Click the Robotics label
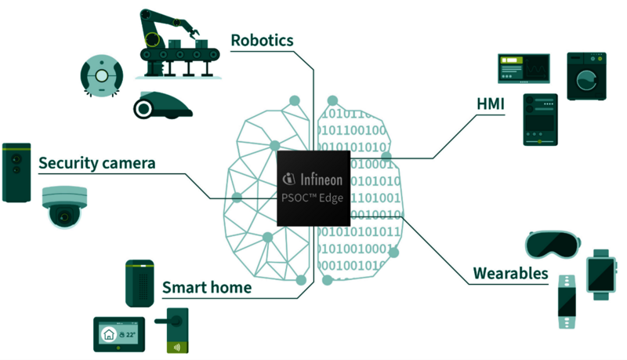tap(262, 40)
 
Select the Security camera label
tap(96, 163)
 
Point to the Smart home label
tap(207, 287)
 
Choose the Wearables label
tap(510, 274)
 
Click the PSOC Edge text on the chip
tap(312, 198)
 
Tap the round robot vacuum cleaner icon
tap(100, 75)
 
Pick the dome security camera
tap(64, 206)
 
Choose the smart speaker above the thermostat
tap(139, 282)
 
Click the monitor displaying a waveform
tap(525, 69)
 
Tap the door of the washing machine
tap(586, 79)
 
